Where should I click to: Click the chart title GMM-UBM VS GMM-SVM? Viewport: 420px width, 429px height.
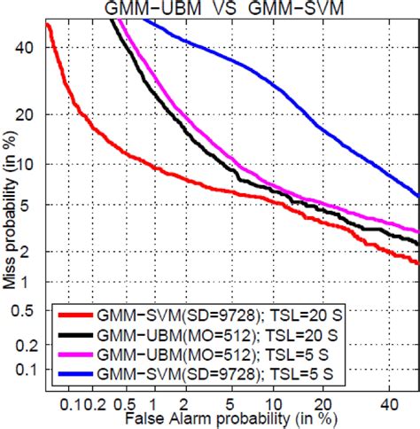tap(227, 8)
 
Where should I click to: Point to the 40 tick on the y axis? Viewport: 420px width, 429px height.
tap(26, 47)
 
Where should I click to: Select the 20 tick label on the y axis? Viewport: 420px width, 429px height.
tap(26, 114)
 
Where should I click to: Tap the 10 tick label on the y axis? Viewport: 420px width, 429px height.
tap(26, 165)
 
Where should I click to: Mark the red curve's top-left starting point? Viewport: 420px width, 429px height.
tap(47, 24)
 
